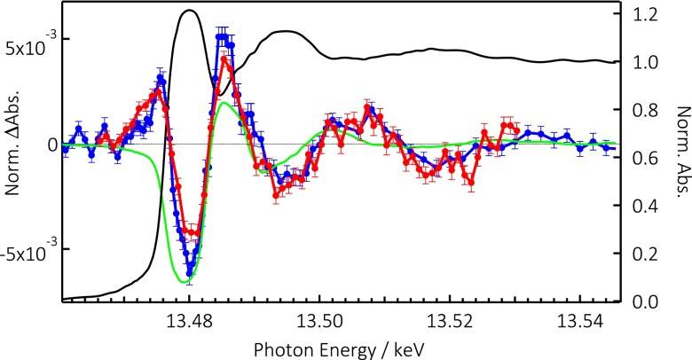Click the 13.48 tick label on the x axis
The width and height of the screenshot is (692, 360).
click(x=190, y=322)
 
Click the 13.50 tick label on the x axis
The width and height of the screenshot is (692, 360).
click(x=319, y=322)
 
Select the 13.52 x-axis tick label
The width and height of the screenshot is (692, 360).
click(x=450, y=322)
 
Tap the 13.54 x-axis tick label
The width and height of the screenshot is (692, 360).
click(x=580, y=322)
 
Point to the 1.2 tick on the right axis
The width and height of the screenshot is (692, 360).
click(x=645, y=14)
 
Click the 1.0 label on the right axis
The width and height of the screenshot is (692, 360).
click(x=645, y=63)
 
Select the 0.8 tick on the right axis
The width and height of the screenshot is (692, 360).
click(x=645, y=110)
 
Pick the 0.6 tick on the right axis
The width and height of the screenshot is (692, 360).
click(x=645, y=159)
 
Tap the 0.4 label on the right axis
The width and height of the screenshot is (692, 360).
click(x=645, y=206)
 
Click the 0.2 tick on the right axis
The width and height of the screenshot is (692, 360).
click(x=645, y=254)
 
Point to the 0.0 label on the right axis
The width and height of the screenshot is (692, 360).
click(x=645, y=301)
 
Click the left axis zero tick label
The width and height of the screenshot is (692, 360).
click(x=53, y=145)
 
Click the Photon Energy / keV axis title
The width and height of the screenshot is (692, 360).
click(x=339, y=350)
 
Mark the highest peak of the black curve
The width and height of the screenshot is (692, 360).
click(x=190, y=10)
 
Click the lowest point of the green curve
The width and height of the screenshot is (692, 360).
click(x=184, y=282)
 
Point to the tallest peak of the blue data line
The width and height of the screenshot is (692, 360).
click(x=223, y=37)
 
